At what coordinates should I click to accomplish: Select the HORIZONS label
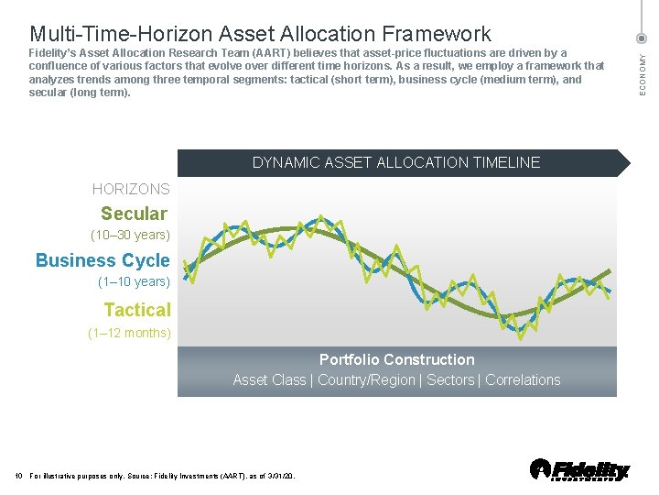[131, 189]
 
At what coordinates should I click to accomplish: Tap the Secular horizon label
[134, 214]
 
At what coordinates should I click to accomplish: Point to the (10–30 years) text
[130, 236]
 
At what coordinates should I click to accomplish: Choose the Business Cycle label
[103, 260]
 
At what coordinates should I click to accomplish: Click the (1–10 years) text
[134, 282]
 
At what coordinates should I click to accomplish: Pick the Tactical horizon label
[137, 310]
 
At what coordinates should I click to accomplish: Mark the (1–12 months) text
[129, 333]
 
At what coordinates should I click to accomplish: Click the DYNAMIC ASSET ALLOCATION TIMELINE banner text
[396, 162]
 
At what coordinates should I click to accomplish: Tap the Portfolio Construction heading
[396, 359]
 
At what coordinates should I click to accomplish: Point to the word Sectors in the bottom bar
[451, 379]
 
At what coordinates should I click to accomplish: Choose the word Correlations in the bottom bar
[523, 379]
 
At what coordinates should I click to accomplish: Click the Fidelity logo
[580, 469]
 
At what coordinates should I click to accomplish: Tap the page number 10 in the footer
[20, 476]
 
